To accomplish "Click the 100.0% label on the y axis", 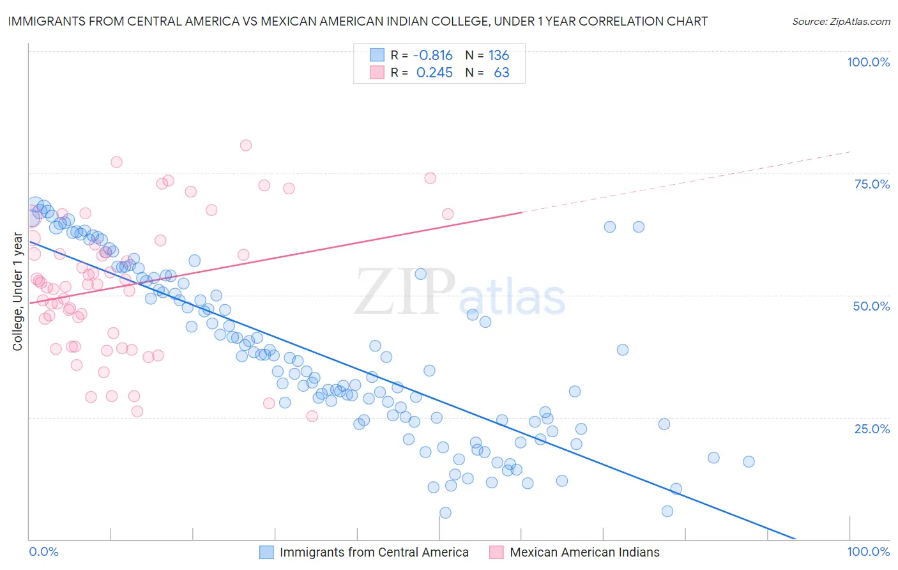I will pos(868,62).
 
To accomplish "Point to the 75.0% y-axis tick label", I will pos(872,184).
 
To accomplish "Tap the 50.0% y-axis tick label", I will pos(871,306).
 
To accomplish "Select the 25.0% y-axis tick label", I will pos(872,428).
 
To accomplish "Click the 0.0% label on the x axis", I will pos(43,551).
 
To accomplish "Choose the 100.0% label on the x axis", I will pos(868,551).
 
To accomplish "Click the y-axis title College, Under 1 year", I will pos(18,292).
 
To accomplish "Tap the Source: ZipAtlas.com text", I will pos(841,21).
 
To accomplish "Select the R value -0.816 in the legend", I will pos(432,55).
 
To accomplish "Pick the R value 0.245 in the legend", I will pos(434,72).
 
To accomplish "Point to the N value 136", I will pos(499,55).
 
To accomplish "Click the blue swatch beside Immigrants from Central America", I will pos(266,552).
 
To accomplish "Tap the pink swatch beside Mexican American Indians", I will pos(496,552).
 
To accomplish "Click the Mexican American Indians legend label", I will pos(584,552).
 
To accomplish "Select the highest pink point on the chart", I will pos(246,145).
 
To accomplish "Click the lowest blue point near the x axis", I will pos(445,512).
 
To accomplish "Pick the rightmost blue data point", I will pos(749,461).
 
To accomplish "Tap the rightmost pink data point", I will pos(448,214).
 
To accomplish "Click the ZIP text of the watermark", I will pos(405,292).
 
